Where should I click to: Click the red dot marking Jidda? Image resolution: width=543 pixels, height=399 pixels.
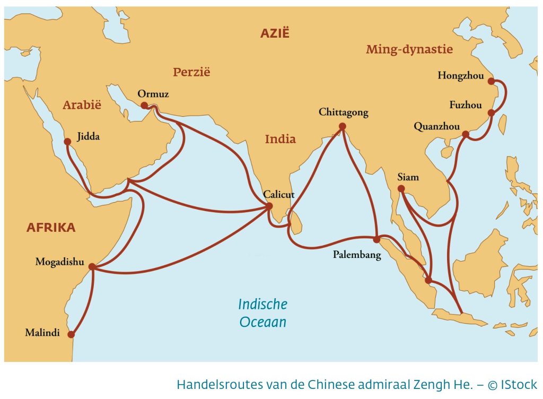[67, 142]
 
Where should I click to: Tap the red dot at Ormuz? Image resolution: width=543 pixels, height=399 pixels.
[144, 105]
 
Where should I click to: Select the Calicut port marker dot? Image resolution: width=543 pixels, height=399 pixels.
[269, 206]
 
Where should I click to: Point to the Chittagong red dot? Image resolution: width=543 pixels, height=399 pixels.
[342, 126]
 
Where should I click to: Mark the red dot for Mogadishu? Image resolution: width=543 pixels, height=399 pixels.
[92, 267]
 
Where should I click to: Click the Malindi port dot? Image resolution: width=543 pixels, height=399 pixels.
[71, 334]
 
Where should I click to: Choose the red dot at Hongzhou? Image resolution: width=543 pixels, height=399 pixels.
[491, 81]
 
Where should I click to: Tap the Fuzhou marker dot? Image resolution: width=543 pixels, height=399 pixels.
[491, 113]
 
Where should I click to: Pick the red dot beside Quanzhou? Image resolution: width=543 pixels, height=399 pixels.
[466, 134]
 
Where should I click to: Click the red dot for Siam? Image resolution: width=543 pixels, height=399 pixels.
[401, 188]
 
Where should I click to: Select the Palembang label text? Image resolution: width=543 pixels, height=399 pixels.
[357, 255]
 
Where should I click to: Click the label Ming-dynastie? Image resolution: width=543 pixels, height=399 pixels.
[409, 50]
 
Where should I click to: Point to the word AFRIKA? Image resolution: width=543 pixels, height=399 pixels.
[51, 228]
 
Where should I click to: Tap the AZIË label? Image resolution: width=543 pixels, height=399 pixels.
[275, 33]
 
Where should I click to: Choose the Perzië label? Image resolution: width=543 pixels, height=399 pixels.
[191, 72]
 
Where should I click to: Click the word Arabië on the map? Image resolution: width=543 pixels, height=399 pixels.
[82, 105]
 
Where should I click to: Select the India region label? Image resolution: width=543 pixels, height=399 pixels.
[280, 140]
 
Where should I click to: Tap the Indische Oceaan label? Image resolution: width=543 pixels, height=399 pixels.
[262, 313]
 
